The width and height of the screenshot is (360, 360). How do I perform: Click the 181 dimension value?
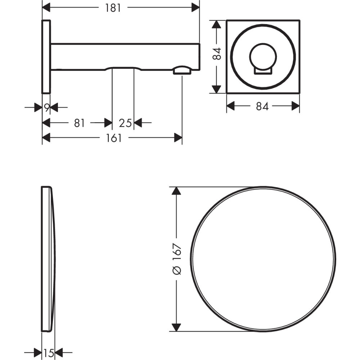(x=113, y=8)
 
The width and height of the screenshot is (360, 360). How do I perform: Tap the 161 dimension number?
(x=114, y=138)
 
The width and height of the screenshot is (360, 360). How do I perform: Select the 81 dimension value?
(x=80, y=123)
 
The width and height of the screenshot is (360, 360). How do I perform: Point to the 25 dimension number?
(x=125, y=123)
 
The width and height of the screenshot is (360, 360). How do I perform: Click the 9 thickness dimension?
(x=47, y=107)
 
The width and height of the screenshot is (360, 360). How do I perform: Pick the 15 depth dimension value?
(x=49, y=353)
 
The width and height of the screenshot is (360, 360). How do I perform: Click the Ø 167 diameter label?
(x=177, y=259)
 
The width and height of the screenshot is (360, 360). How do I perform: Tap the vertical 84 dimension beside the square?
(x=217, y=54)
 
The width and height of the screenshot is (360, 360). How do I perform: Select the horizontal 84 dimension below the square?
(x=262, y=107)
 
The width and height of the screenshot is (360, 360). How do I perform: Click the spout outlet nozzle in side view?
(x=182, y=70)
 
